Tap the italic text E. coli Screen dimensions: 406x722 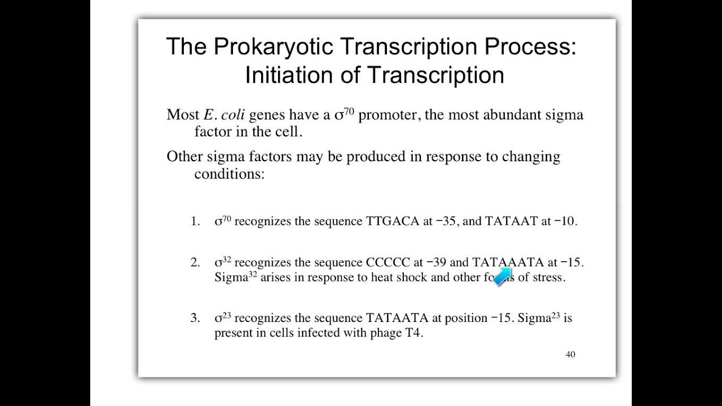[x=224, y=115]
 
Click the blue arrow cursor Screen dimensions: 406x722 [x=502, y=277]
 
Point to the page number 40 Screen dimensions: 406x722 [x=570, y=355]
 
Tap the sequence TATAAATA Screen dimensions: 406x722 [x=508, y=262]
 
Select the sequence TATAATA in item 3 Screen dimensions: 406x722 [x=398, y=318]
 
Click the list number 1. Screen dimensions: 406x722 [x=195, y=221]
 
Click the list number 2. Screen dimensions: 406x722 [x=195, y=262]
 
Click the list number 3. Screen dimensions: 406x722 [x=195, y=318]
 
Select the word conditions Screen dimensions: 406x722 [x=229, y=174]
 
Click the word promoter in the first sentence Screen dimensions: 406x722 [x=388, y=115]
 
